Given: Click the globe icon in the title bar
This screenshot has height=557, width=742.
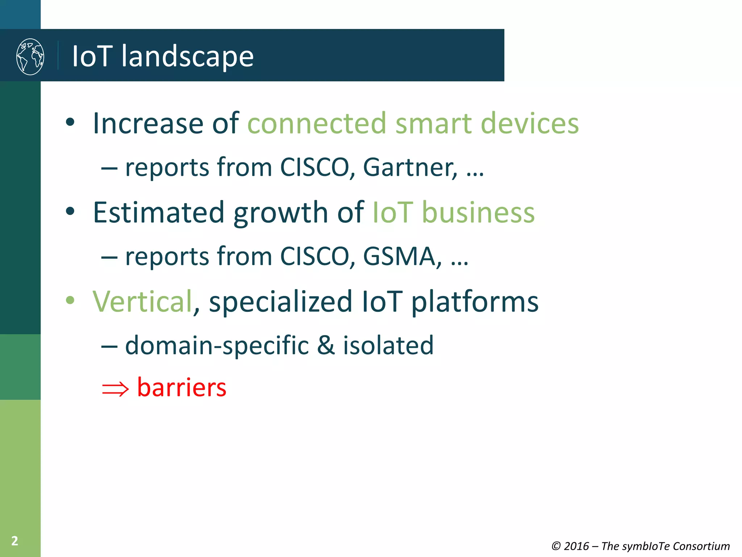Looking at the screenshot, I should (30, 57).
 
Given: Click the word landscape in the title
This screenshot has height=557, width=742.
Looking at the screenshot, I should (187, 57).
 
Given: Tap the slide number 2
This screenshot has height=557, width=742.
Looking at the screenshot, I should (14, 541).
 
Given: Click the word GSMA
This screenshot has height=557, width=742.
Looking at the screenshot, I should (402, 256).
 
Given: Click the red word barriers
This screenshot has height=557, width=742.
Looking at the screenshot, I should (182, 387).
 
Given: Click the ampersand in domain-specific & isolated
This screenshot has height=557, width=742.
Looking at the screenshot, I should (326, 345).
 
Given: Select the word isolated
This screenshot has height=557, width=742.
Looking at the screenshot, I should (388, 345).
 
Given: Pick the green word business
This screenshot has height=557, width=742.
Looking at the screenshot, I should (478, 213).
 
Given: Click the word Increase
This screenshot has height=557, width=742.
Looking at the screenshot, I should (148, 123).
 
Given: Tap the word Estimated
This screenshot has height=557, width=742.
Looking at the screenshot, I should (159, 213).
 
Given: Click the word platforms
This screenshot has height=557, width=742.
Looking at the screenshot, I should (475, 302).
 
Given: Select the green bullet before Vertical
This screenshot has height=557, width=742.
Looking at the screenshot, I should (70, 300).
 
